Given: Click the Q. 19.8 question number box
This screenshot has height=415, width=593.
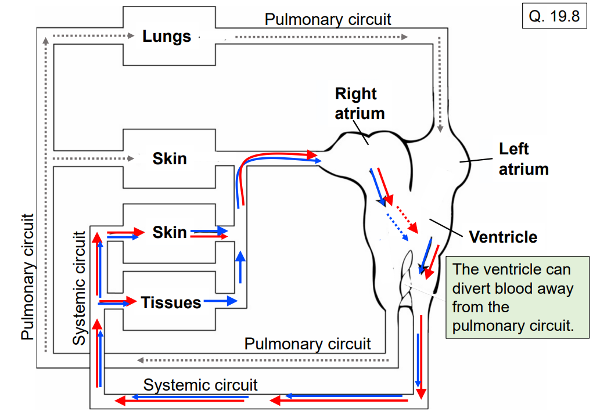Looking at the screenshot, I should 554,16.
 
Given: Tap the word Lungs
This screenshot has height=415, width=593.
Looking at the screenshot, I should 167,37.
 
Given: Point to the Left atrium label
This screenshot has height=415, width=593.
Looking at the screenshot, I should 523,159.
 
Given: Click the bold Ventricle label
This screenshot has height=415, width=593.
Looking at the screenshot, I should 503,237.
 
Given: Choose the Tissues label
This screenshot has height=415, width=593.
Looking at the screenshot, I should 171,302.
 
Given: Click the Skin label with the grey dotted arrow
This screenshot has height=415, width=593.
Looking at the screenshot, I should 170,158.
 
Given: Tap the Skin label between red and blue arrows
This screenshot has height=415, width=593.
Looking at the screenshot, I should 170,232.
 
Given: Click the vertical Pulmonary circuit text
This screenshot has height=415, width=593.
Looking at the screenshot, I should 27,277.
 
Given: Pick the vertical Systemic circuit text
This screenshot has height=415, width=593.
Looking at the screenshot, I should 79,288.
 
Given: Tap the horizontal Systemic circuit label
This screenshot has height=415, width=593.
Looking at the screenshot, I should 200,385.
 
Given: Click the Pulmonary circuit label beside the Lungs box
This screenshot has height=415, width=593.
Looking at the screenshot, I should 328,19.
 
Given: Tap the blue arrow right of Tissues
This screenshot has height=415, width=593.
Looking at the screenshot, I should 220,301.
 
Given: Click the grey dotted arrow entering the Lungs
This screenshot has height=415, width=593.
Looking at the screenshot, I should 93,36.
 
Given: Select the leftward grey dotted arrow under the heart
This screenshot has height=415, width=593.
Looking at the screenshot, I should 261,360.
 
